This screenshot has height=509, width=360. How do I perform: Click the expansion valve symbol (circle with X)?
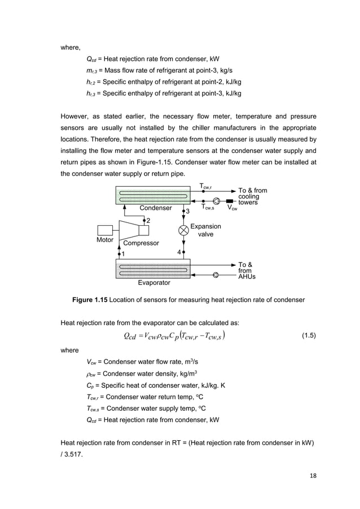pyautogui.click(x=183, y=230)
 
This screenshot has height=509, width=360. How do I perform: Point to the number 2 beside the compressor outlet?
pyautogui.click(x=148, y=221)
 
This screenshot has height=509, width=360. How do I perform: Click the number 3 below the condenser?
pyautogui.click(x=187, y=211)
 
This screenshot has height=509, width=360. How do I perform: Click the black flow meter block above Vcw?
pyautogui.click(x=230, y=200)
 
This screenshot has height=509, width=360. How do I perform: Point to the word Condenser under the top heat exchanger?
pyautogui.click(x=155, y=208)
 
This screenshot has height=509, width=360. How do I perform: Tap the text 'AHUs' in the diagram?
pyautogui.click(x=247, y=277)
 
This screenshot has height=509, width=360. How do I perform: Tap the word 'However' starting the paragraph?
pyautogui.click(x=76, y=117)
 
